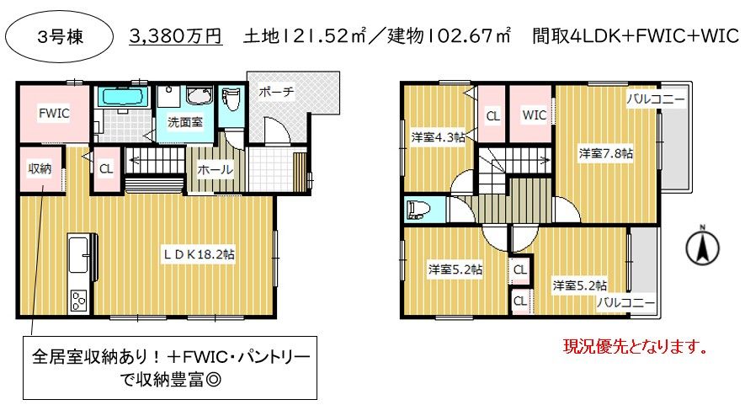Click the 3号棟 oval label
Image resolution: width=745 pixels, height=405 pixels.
coord(59,36)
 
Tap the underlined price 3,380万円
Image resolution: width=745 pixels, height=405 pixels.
coord(175,36)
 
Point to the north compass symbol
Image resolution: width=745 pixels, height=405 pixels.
coord(703,245)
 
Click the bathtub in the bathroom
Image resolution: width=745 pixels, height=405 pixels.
coord(121,98)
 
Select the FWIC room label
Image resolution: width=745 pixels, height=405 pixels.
coord(54,113)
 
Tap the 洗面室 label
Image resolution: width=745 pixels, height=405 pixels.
coord(185,122)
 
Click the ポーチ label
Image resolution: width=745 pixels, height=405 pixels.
coord(276,91)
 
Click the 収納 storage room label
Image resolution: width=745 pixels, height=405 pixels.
coord(40,168)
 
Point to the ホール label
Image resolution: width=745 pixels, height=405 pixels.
coord(215,169)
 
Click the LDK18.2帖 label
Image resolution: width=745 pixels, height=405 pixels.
coord(199,254)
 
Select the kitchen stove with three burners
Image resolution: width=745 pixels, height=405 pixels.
coord(78,301)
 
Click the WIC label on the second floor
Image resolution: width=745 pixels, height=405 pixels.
coord(534,115)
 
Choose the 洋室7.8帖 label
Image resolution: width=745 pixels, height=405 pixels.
coord(606,153)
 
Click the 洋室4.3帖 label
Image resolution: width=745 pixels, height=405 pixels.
coord(438,137)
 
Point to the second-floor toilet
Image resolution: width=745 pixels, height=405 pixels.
coord(419,210)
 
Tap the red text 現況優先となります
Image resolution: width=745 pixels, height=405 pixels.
coord(636,347)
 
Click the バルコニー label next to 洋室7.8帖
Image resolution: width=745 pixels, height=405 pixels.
coord(656,99)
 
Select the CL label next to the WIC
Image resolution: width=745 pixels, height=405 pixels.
coord(492,115)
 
